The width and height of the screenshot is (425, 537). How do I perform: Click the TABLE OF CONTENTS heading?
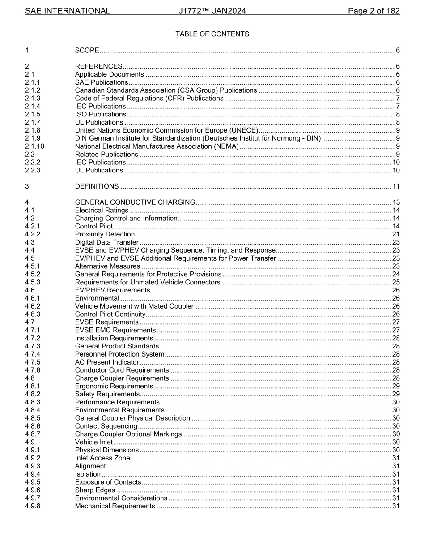[212, 34]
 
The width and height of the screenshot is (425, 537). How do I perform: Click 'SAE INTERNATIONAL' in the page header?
[68, 11]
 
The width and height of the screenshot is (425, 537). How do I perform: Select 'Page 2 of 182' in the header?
[374, 11]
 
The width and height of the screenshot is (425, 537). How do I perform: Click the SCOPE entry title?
[87, 50]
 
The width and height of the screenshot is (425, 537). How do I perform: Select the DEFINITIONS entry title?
[97, 186]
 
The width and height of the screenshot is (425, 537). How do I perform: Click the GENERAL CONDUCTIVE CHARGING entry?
[135, 202]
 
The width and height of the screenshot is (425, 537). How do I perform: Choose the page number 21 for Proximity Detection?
[396, 234]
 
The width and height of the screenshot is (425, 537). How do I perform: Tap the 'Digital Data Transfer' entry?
[106, 242]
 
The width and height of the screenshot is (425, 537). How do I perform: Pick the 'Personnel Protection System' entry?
[119, 354]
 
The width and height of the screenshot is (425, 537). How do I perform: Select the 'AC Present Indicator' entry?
[107, 362]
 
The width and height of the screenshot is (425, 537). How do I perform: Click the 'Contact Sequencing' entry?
[106, 426]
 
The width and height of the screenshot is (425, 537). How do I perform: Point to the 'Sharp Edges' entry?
[95, 490]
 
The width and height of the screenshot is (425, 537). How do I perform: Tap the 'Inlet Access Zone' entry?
[102, 458]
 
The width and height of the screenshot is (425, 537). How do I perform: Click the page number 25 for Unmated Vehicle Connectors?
[396, 282]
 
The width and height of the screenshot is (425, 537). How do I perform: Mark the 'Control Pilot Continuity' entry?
[110, 314]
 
